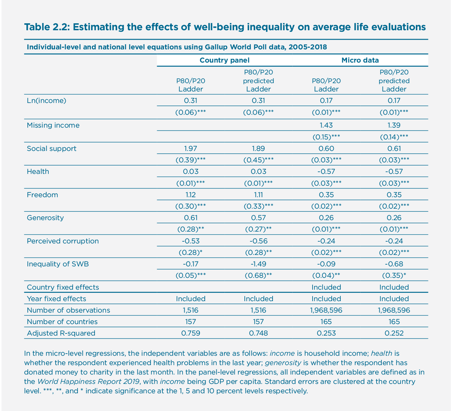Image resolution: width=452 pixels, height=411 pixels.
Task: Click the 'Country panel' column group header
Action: [224, 60]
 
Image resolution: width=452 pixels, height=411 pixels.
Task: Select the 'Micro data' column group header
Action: [360, 60]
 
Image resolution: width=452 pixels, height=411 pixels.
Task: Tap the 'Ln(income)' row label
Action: [46, 101]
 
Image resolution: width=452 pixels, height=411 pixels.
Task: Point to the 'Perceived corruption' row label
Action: [63, 241]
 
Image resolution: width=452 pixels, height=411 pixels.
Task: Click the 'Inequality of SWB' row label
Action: [58, 264]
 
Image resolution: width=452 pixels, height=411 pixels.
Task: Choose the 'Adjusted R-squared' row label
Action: [61, 333]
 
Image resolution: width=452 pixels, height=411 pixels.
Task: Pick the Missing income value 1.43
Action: [326, 125]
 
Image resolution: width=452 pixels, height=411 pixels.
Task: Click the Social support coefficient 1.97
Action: [191, 148]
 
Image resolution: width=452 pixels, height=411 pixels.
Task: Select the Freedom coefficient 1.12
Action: [191, 195]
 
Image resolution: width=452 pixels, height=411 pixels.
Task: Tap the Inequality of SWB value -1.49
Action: [258, 264]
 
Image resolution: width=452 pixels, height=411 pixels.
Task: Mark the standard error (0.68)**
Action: [258, 275]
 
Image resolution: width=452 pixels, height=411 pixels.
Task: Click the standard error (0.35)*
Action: [394, 275]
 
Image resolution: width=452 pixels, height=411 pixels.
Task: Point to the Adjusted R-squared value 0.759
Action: [191, 333]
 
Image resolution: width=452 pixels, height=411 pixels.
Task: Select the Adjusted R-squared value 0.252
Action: [394, 333]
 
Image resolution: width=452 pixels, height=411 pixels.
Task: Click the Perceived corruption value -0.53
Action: [191, 241]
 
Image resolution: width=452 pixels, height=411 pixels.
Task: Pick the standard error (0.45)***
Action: [258, 160]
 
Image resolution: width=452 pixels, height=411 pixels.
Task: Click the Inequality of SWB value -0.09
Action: [326, 264]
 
